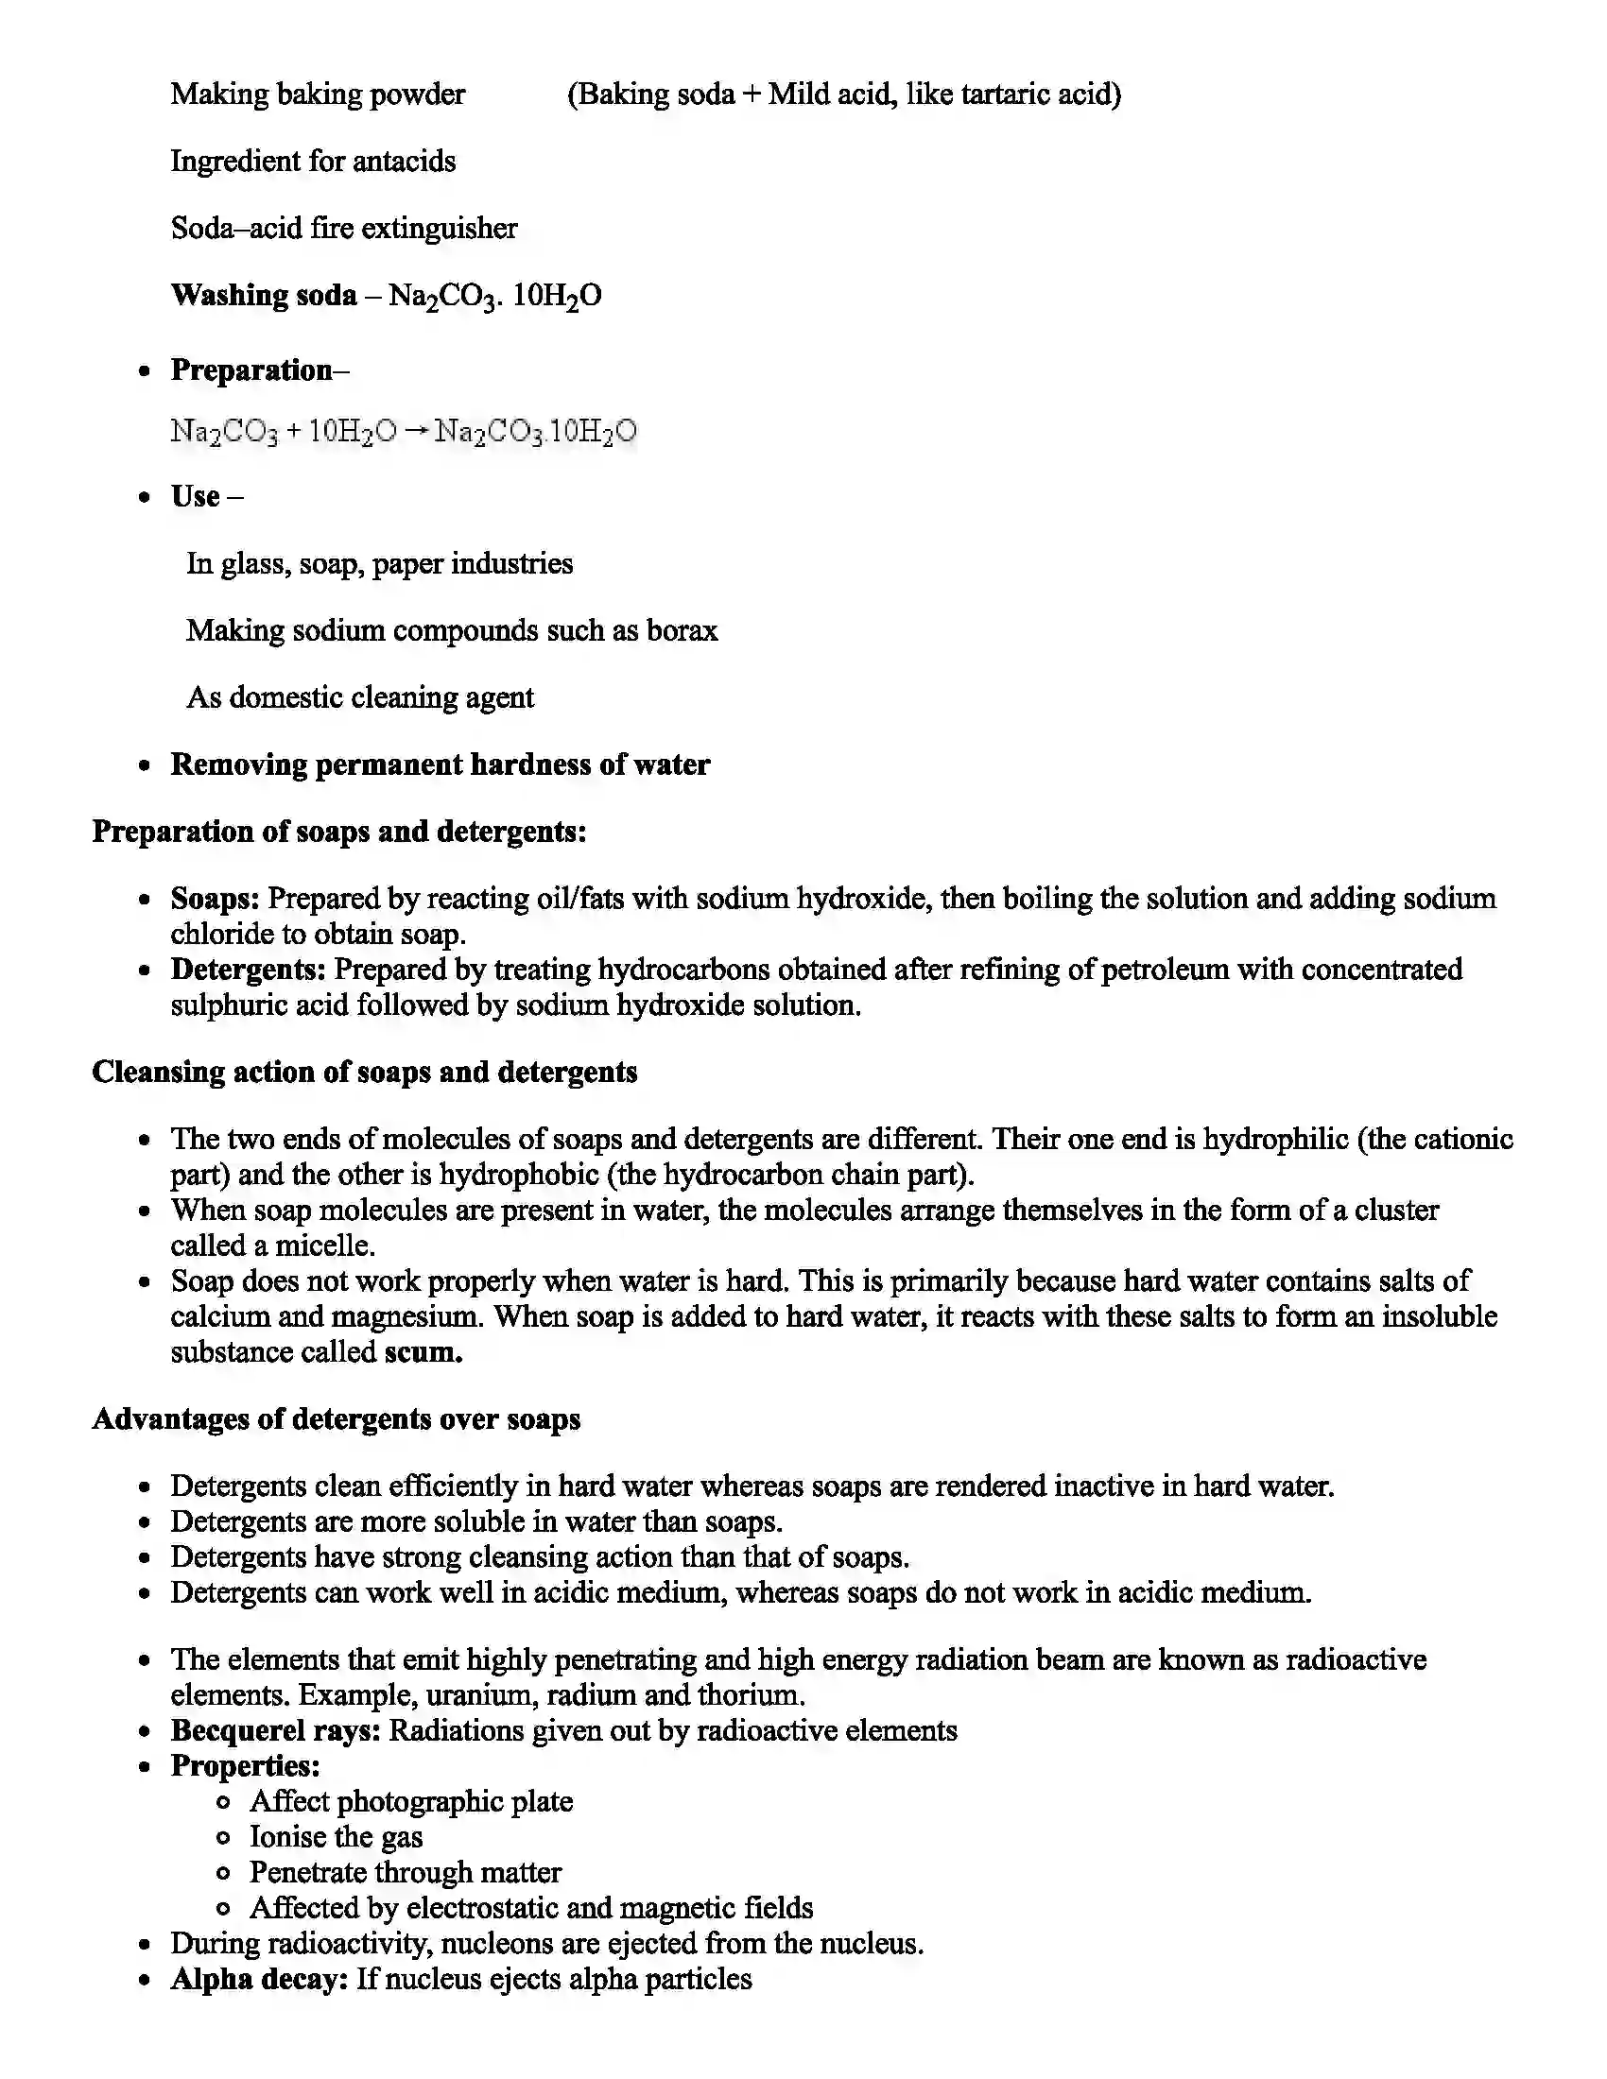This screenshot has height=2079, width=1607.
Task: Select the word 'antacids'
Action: pyautogui.click(x=404, y=161)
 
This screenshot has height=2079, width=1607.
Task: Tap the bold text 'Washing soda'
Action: pyautogui.click(x=264, y=295)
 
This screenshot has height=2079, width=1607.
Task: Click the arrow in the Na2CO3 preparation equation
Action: pyautogui.click(x=415, y=431)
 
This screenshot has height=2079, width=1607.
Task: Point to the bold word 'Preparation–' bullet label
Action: pyautogui.click(x=259, y=369)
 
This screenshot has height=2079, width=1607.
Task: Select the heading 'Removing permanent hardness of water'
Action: pyautogui.click(x=440, y=765)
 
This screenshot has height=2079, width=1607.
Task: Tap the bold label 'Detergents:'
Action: pyautogui.click(x=249, y=969)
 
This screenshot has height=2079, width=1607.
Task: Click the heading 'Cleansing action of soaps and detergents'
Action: pyautogui.click(x=365, y=1072)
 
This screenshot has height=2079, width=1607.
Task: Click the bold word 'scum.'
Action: pyautogui.click(x=423, y=1351)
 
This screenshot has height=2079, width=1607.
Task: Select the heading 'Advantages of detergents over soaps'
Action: pyautogui.click(x=337, y=1418)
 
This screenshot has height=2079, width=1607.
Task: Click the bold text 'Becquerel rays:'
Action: pyautogui.click(x=276, y=1729)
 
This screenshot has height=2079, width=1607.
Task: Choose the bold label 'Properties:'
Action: pyautogui.click(x=246, y=1766)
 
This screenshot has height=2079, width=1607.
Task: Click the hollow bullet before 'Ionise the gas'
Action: pyautogui.click(x=223, y=1837)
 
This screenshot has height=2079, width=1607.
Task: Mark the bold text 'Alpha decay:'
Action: pyautogui.click(x=259, y=1979)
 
